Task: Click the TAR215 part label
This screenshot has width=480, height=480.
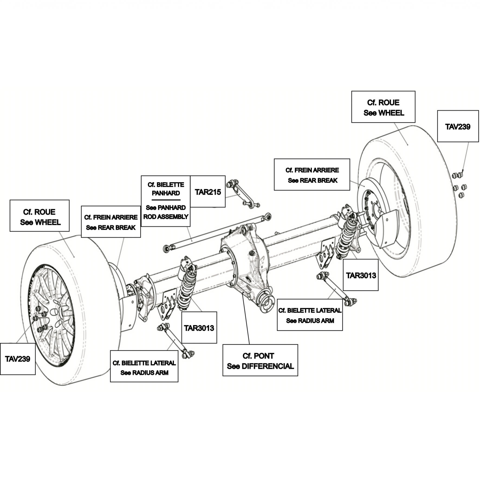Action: point(208,192)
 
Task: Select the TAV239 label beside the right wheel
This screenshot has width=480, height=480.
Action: point(458,127)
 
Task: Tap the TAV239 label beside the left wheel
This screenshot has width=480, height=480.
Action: point(18,359)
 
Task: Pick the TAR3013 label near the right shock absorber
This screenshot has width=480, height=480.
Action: point(361,275)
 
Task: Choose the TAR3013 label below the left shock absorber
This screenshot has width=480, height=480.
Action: point(199,328)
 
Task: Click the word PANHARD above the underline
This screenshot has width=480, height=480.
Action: point(166,193)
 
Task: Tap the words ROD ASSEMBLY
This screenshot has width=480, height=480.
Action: point(166,217)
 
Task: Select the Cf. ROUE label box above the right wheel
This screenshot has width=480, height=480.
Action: point(383,107)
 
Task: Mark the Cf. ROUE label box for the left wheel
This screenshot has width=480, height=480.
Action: point(40,216)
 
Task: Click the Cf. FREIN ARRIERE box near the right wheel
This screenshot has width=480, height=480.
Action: point(312,174)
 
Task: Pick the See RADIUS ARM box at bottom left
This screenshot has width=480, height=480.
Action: point(144,366)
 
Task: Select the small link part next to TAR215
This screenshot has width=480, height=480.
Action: point(243,194)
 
